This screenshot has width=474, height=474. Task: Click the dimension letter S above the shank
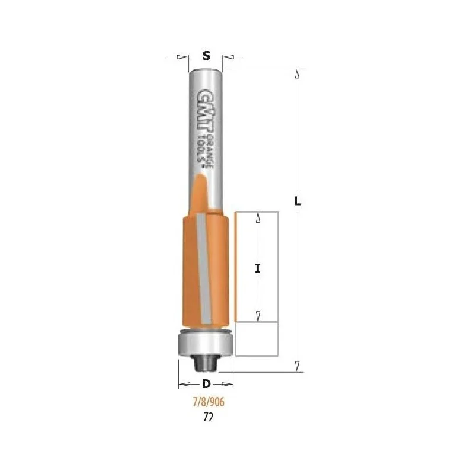(206, 56)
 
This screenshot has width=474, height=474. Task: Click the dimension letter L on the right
(298, 201)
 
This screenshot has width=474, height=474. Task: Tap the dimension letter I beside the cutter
(258, 268)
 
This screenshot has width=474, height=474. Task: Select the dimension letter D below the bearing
(206, 384)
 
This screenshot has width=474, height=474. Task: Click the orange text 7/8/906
(209, 402)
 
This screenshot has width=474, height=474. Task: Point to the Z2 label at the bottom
(209, 418)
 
